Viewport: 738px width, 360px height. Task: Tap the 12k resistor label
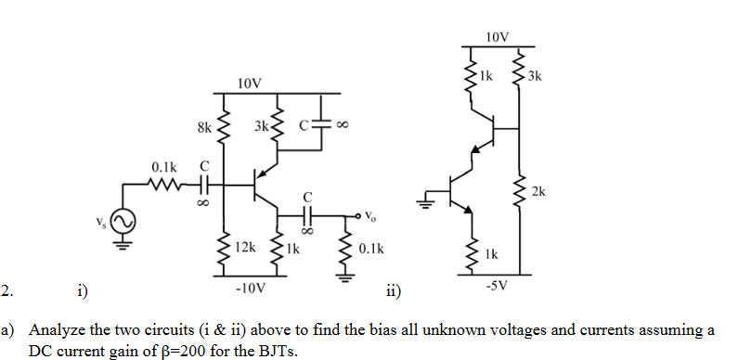point(245,248)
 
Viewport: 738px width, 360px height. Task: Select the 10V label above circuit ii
point(498,36)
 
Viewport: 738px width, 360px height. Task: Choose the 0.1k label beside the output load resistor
point(370,250)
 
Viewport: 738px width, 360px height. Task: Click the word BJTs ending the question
point(281,352)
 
